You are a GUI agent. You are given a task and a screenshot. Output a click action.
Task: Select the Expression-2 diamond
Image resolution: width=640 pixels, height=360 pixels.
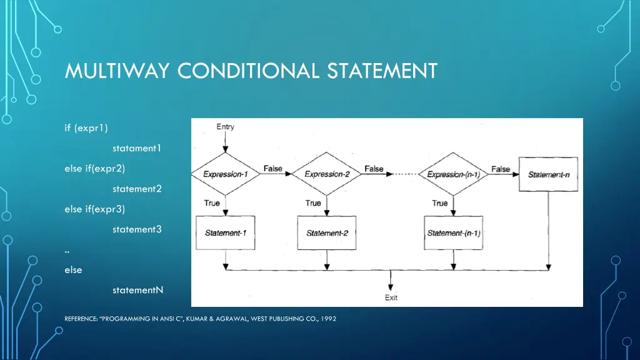pos(326,174)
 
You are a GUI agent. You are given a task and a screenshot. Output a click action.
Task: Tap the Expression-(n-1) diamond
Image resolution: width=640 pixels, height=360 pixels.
pos(453,174)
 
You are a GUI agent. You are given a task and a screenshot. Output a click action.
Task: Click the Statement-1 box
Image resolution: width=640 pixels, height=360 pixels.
pos(225,233)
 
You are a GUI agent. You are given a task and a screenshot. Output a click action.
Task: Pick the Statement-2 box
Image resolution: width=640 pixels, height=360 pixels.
pos(326,233)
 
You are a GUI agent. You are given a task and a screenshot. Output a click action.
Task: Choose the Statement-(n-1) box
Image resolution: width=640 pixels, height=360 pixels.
pos(453,233)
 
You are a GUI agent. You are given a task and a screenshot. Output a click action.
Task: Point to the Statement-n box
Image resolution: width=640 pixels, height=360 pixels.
pos(549,174)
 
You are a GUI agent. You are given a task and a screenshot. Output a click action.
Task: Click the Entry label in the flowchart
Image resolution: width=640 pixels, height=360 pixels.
pos(225,127)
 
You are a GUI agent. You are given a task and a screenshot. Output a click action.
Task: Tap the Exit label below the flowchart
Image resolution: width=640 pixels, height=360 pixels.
pos(391,297)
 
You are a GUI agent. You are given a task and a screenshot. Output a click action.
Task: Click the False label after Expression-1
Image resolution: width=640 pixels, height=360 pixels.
pos(272,169)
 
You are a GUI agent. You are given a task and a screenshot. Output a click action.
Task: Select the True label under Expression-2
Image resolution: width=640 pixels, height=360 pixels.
pos(313,203)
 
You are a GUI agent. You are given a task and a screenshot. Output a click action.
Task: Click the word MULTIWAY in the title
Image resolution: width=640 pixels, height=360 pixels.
pos(116,71)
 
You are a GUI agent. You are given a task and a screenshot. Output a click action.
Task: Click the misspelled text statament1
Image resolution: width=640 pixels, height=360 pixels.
pos(137,148)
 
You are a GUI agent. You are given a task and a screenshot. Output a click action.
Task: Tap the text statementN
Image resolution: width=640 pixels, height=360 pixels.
pos(137,290)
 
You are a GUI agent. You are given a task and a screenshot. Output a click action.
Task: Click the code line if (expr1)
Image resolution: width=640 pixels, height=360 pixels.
pos(86,128)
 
